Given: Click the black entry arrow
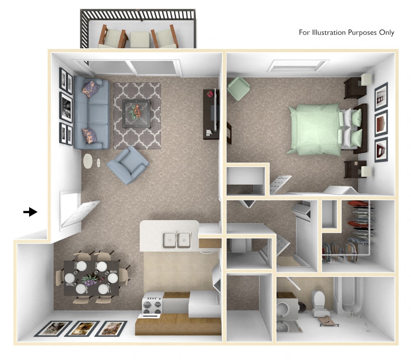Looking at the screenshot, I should (x=30, y=212).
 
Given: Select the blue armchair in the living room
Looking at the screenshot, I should (x=127, y=165).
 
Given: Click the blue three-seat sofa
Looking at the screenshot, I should (x=92, y=114).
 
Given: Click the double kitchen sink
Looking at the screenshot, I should (x=177, y=239).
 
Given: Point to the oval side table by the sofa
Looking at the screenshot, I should (x=88, y=161).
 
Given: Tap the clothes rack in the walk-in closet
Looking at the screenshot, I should (x=362, y=230).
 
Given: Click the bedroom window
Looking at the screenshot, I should (x=298, y=65).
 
